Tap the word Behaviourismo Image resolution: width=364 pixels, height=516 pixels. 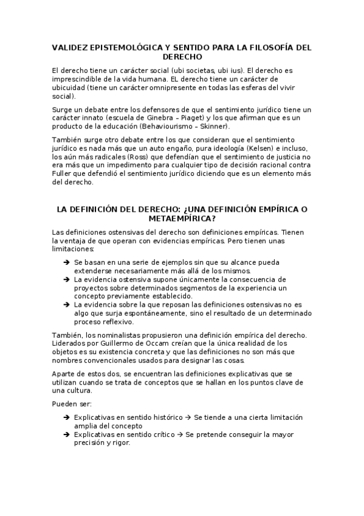170,126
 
